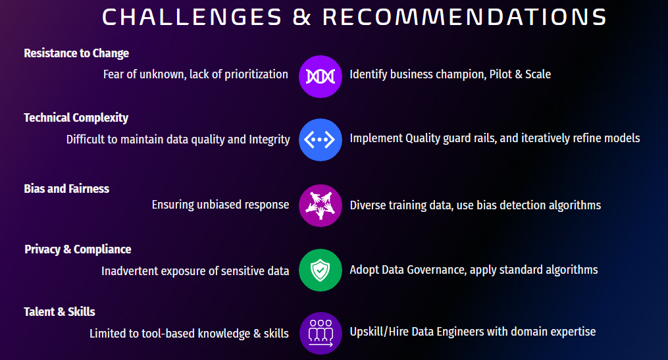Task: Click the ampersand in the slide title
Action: point(301,18)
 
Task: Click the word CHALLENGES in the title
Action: point(192,18)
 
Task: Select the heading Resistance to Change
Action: point(76,53)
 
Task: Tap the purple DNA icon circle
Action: point(321,77)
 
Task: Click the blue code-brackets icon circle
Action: point(321,140)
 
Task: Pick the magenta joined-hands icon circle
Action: point(321,205)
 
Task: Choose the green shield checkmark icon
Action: point(321,270)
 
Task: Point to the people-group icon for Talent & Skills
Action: point(321,333)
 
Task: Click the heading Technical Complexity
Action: point(76,118)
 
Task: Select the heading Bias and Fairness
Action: point(66,189)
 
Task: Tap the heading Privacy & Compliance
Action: point(78,249)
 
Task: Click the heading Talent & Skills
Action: point(59,312)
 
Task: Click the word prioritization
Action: point(256,74)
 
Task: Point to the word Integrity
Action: point(269,140)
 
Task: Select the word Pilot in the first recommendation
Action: point(500,74)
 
